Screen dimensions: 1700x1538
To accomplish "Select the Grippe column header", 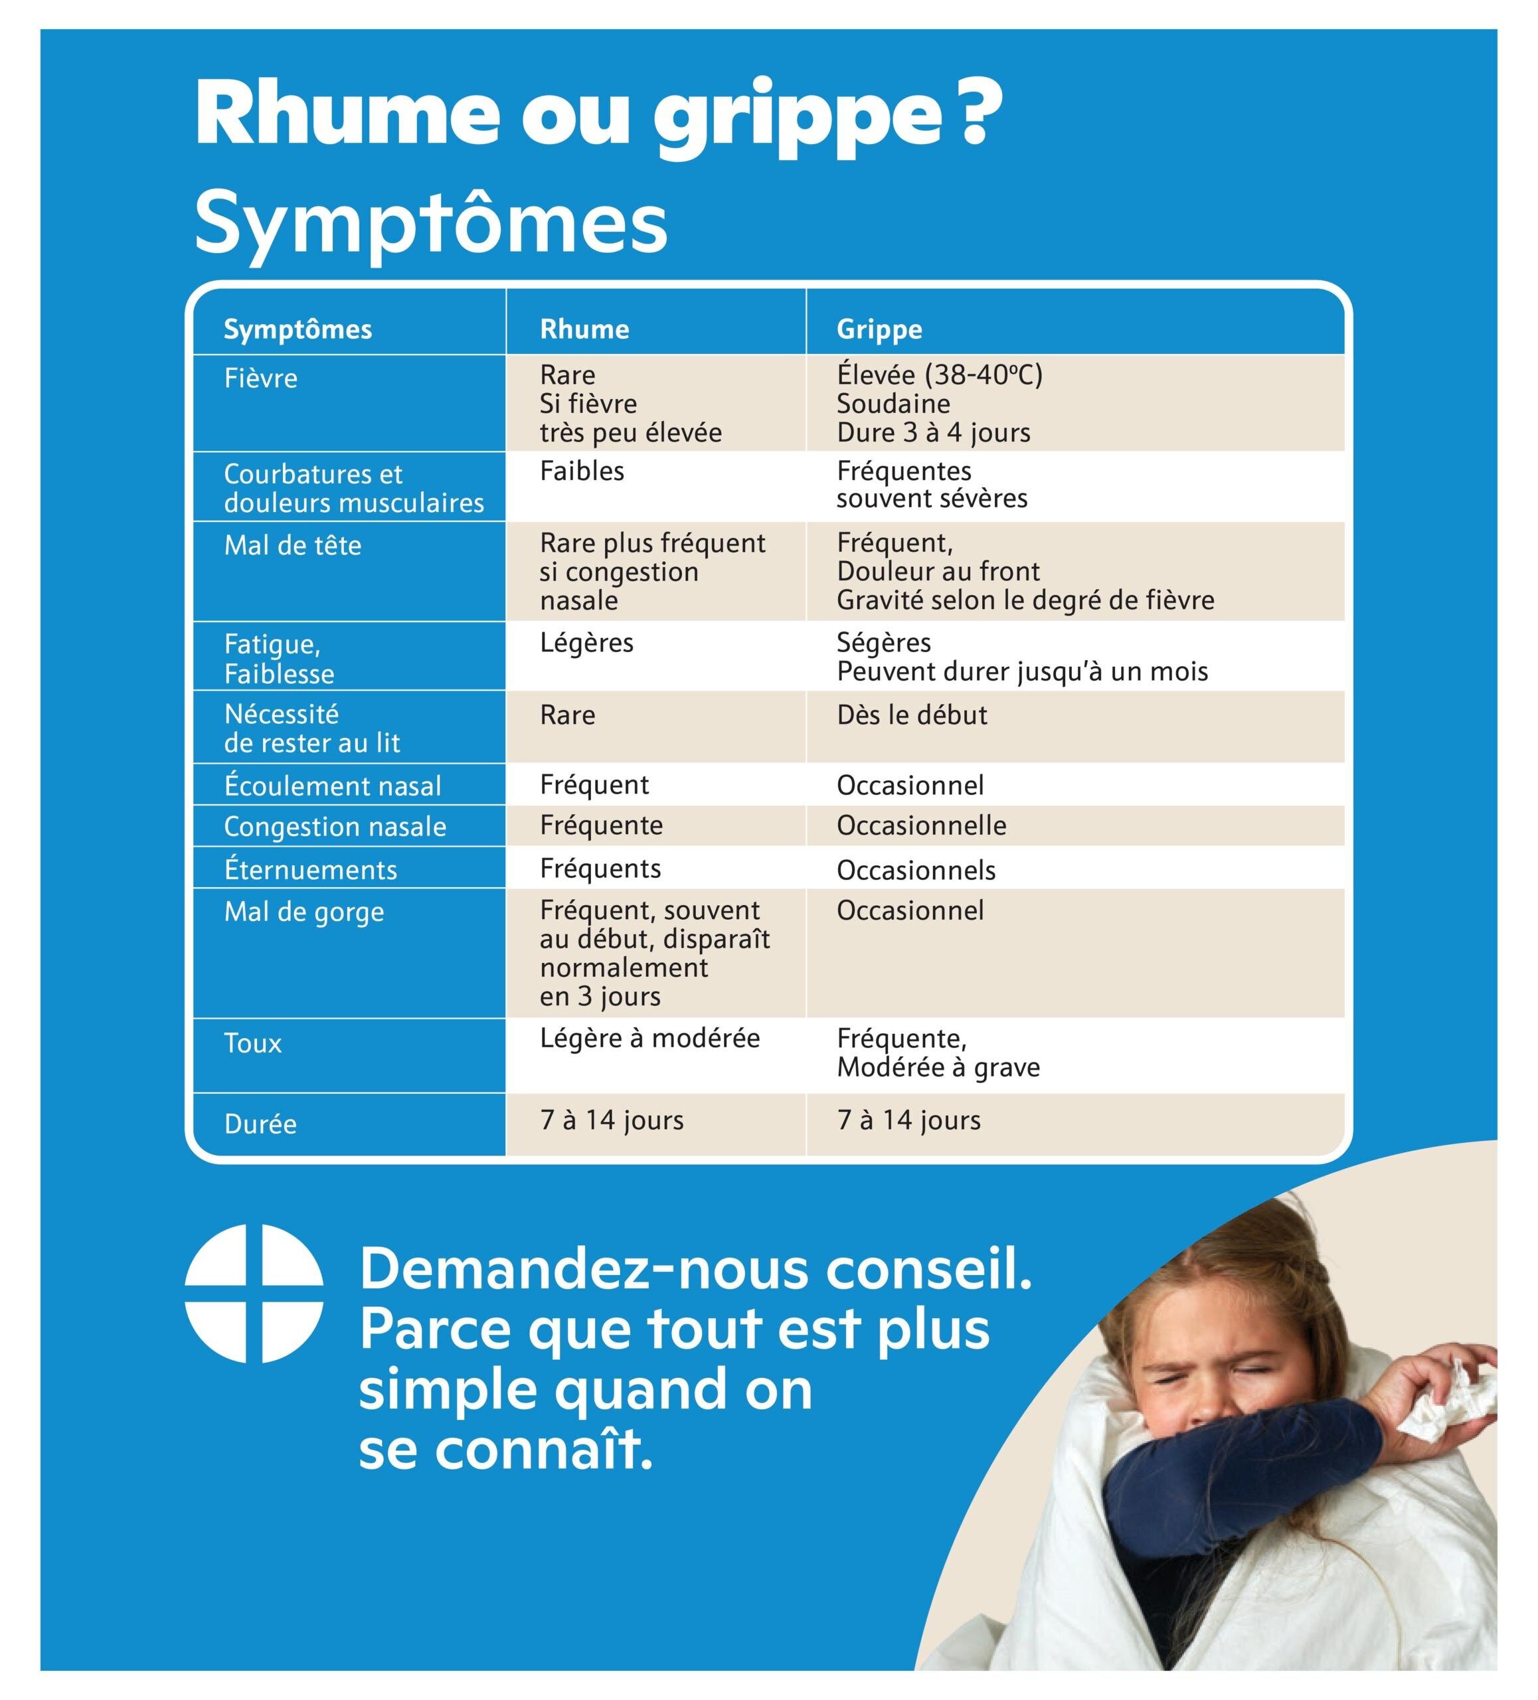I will click(x=879, y=328).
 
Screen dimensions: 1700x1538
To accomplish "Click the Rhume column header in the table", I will click(x=584, y=328).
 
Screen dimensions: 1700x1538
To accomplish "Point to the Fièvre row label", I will click(x=260, y=378).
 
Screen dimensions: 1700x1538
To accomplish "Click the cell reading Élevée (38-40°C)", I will click(x=939, y=375).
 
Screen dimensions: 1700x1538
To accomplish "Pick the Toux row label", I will click(x=253, y=1043).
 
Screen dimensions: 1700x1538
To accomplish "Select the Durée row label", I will click(x=260, y=1123).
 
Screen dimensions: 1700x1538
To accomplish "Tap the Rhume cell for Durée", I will click(x=612, y=1120).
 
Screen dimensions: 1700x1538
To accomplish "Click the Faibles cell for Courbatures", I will click(x=582, y=471).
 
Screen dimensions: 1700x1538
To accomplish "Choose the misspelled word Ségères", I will click(x=884, y=643).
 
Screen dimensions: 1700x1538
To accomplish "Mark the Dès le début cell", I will click(x=912, y=715).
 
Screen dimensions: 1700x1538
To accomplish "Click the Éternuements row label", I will click(x=310, y=869).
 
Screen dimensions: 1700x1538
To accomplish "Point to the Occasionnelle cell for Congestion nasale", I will click(x=922, y=825).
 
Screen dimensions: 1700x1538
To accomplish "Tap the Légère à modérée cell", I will click(x=649, y=1037).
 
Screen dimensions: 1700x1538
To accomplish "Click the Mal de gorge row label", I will click(x=303, y=912).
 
